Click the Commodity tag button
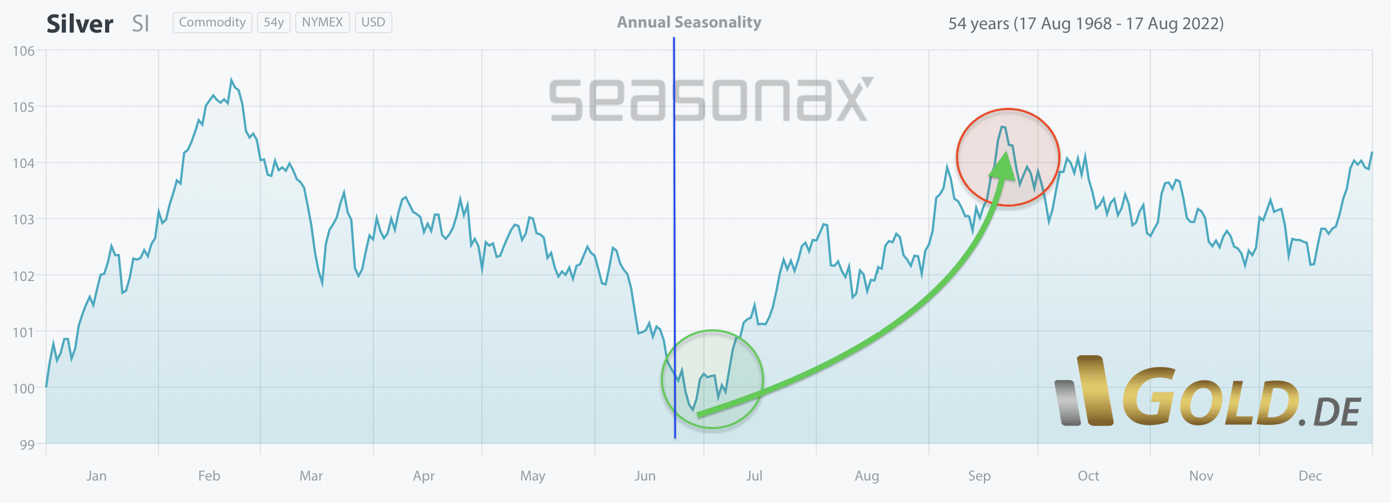pos(212,22)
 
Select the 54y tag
pos(273,22)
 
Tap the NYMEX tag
pos(322,22)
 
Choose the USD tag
pos(373,22)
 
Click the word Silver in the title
pos(80,24)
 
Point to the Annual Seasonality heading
pos(689,22)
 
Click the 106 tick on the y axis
pos(24,51)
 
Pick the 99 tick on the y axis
pos(27,445)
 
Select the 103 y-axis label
pos(24,219)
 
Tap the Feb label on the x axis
pos(209,476)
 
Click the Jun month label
pos(645,476)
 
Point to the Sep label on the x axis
pos(979,476)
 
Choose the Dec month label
pos(1310,476)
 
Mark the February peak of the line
pos(231,80)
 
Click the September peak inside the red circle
pos(1003,128)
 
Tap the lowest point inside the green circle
pos(693,410)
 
